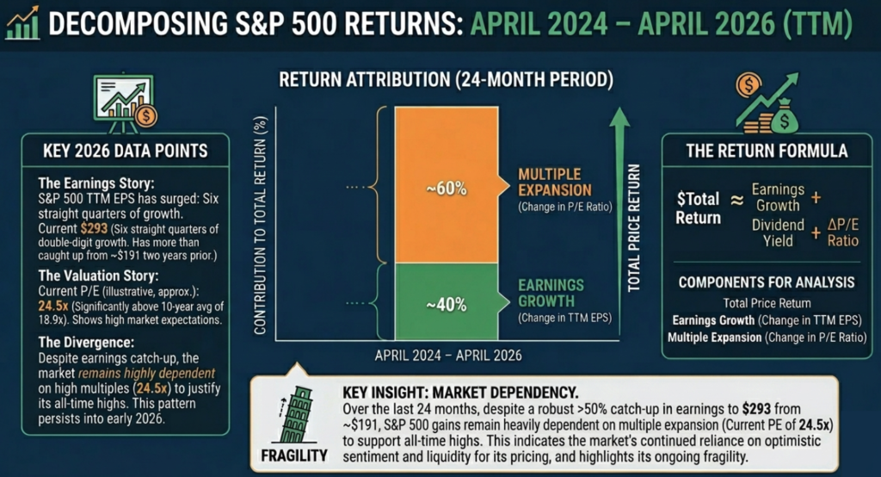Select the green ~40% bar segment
[x=445, y=303]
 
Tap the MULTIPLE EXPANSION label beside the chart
[x=555, y=182]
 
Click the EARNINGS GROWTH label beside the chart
[x=551, y=293]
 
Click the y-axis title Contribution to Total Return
[x=260, y=226]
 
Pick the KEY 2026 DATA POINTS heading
[x=125, y=151]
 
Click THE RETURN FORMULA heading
[x=766, y=151]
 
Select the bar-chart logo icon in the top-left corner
[x=24, y=23]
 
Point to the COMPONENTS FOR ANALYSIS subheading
[x=765, y=282]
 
